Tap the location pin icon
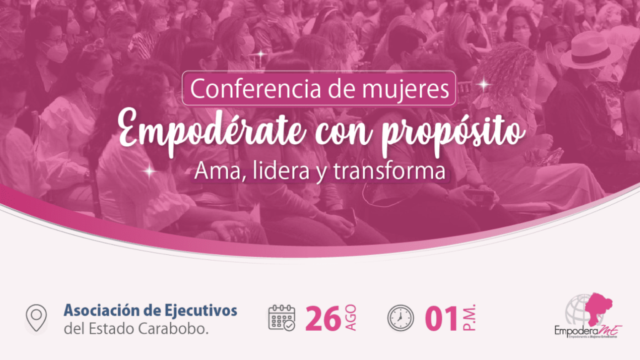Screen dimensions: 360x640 [36, 317]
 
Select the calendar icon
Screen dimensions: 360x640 [282, 317]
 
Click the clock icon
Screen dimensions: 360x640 [399, 317]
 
